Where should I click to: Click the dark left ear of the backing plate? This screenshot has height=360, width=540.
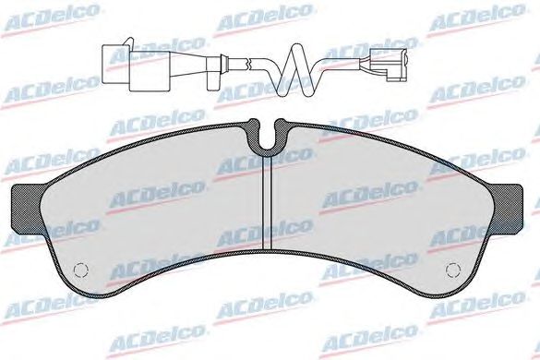click(x=26, y=207)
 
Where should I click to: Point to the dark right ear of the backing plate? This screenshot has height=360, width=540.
click(x=507, y=206)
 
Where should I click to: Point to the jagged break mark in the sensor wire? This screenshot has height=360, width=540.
click(x=248, y=64)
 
